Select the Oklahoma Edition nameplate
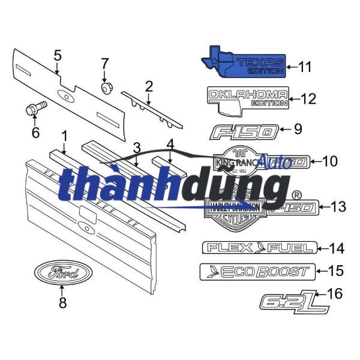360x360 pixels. (x=247, y=98)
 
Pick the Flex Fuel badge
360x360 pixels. (x=259, y=247)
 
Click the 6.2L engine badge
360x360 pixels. (x=294, y=301)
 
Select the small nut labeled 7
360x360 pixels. (x=106, y=88)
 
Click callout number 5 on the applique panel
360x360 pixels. (x=58, y=55)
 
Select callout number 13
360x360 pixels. (x=338, y=207)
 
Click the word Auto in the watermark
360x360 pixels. (x=277, y=161)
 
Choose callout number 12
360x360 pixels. (x=308, y=98)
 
